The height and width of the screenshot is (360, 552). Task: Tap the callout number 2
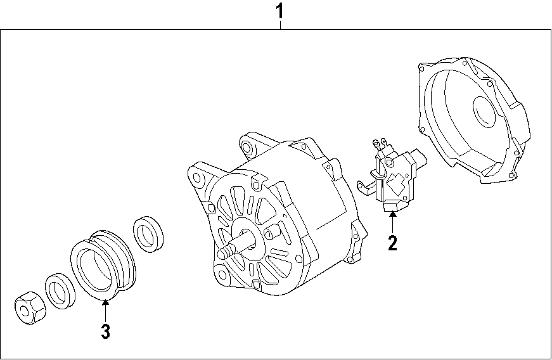tap(392, 243)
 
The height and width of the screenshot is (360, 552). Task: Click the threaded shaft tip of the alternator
tap(224, 253)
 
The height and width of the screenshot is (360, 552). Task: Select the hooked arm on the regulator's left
tap(364, 184)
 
